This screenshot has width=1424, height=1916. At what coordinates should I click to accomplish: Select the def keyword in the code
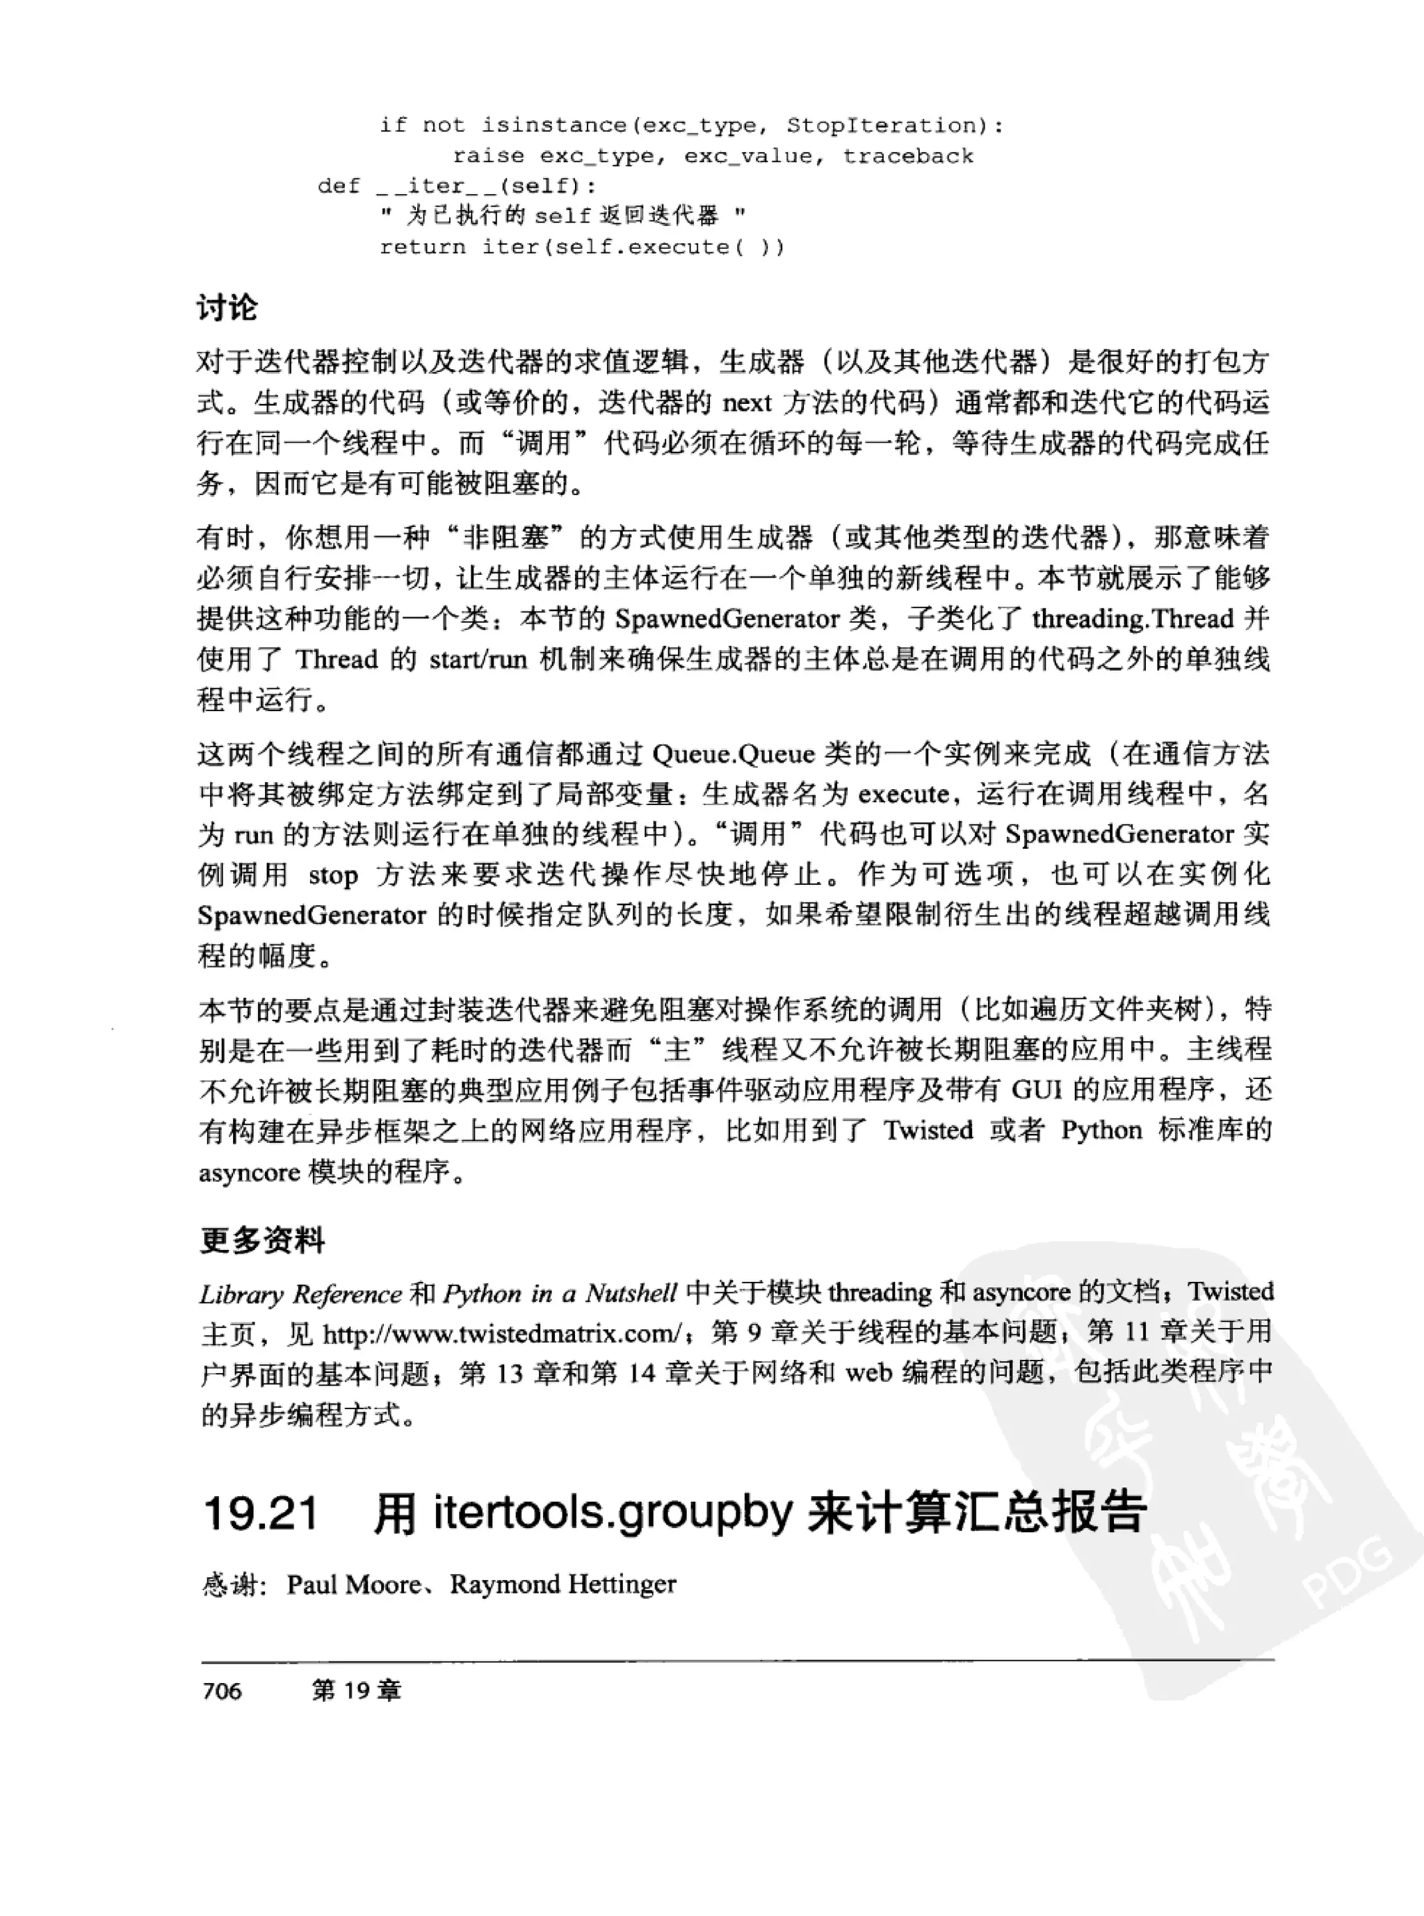point(339,186)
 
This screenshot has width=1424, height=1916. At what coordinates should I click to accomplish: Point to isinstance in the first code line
point(554,126)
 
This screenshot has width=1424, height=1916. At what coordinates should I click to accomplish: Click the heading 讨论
point(227,308)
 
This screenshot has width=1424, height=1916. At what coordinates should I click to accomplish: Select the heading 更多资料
point(262,1240)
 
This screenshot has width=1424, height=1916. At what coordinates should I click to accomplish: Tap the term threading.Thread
point(1133,619)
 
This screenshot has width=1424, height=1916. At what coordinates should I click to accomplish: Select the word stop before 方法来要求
point(333,876)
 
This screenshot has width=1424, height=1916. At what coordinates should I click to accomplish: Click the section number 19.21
point(260,1513)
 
